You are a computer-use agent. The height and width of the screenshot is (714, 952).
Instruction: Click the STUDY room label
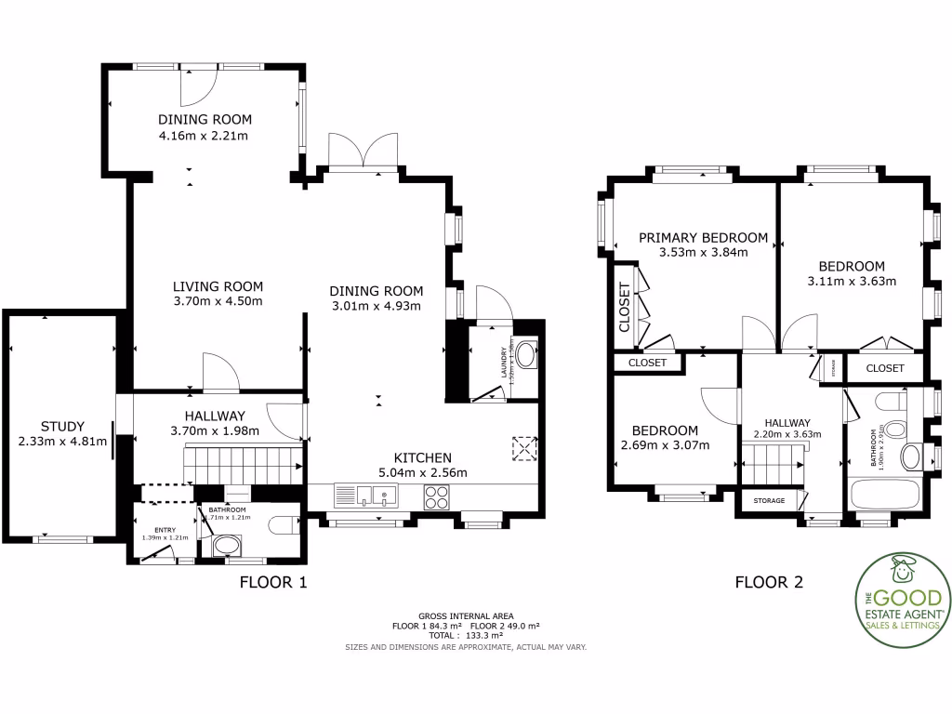(x=62, y=427)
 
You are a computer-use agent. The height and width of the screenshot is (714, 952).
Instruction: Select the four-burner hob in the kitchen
(x=437, y=497)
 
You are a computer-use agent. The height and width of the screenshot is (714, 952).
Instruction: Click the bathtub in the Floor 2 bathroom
(x=884, y=494)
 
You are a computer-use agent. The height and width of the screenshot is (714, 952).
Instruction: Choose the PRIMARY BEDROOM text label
(x=703, y=238)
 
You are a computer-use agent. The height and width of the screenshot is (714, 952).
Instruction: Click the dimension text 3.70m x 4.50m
(x=218, y=301)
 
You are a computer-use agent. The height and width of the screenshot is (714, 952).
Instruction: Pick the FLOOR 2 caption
(x=769, y=583)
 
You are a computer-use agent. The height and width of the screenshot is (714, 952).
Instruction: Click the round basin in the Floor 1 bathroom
(x=225, y=546)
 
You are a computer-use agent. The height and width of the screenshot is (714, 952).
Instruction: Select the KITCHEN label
(x=422, y=457)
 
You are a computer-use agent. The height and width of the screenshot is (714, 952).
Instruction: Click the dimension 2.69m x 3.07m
(x=665, y=445)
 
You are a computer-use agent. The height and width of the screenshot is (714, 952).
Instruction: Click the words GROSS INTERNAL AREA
(x=466, y=616)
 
